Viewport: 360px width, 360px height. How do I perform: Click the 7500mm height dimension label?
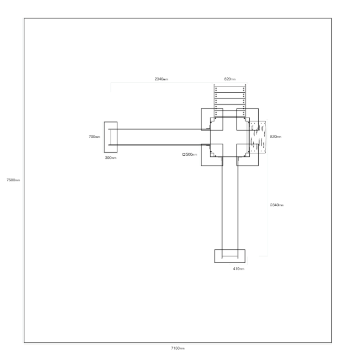click(13, 180)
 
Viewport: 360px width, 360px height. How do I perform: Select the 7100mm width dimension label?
click(178, 348)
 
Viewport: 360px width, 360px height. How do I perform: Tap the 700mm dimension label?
click(94, 137)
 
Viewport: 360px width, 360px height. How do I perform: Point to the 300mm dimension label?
click(111, 158)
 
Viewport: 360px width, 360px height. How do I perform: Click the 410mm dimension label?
click(238, 269)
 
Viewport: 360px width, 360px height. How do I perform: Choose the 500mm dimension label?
click(192, 154)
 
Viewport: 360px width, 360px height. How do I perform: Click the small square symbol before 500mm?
click(184, 154)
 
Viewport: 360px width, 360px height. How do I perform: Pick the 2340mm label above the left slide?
click(161, 79)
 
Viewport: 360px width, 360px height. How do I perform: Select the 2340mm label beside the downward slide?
click(277, 205)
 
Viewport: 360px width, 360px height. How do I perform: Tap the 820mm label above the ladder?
click(230, 79)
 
